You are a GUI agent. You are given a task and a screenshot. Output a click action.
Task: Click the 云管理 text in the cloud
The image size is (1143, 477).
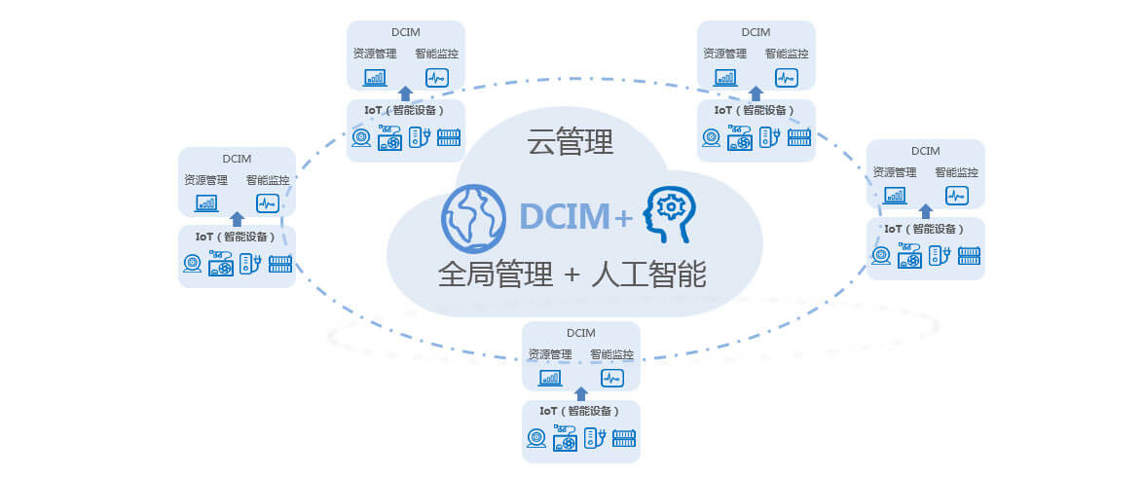(571, 143)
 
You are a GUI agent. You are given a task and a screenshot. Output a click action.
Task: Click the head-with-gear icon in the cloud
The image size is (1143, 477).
(670, 214)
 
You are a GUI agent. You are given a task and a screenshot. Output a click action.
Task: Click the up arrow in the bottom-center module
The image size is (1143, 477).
(581, 394)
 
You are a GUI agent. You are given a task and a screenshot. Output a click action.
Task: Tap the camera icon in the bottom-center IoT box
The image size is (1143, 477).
(536, 440)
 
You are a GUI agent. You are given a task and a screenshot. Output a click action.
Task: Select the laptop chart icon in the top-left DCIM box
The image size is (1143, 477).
(375, 78)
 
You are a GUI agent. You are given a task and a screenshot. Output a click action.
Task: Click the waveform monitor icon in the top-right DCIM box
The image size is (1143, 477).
(786, 78)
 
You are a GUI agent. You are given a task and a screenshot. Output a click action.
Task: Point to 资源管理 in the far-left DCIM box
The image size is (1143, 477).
(205, 180)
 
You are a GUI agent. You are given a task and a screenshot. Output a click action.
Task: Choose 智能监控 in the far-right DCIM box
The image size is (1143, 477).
(956, 172)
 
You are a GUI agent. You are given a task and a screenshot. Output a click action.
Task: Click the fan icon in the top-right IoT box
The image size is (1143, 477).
(739, 139)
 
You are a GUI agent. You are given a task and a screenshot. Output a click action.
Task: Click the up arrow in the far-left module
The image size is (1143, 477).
(237, 219)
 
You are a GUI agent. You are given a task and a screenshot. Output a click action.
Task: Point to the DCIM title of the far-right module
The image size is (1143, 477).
(926, 151)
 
